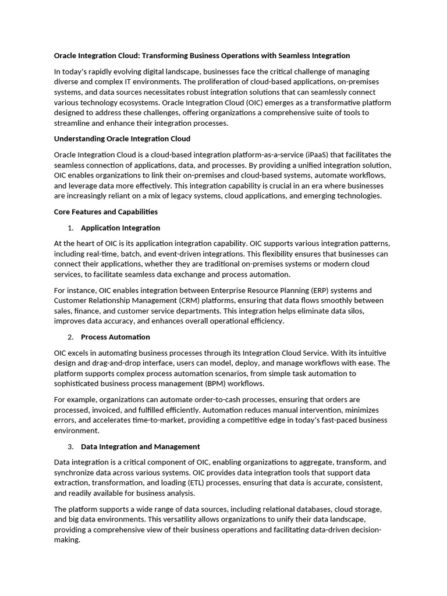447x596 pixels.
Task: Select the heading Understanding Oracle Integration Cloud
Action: coord(122,139)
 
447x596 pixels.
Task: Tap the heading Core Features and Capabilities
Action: coord(105,212)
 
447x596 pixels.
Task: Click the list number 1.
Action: coord(70,228)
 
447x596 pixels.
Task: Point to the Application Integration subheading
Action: coord(120,228)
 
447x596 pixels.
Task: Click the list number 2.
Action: coord(70,337)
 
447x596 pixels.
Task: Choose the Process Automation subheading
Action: coord(115,337)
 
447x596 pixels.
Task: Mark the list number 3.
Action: coord(70,446)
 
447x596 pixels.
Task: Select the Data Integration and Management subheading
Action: coord(140,446)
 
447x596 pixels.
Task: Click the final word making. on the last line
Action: coord(67,540)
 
